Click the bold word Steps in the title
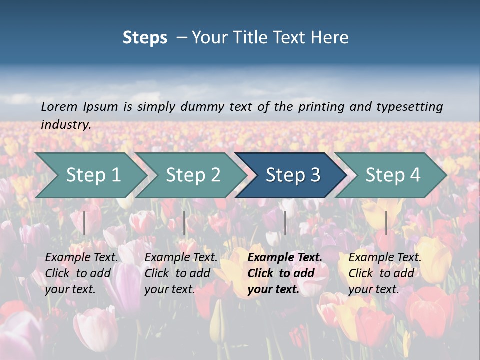point(145,38)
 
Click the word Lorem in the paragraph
point(59,106)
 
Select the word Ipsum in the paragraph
point(101,106)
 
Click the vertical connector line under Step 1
point(84,223)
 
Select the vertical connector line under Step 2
point(184,223)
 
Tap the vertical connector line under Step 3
point(285,223)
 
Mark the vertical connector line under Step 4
point(386,223)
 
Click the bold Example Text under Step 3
point(285,257)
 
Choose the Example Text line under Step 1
point(82,257)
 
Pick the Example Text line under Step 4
point(385,257)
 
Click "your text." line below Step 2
point(170,289)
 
